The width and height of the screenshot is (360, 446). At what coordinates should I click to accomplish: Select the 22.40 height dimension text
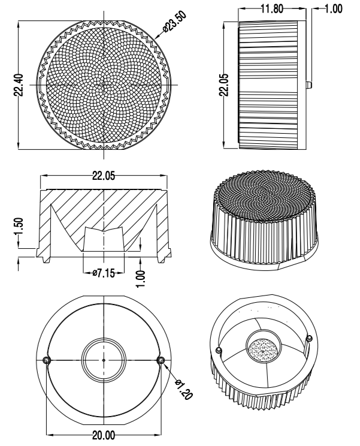tap(19, 85)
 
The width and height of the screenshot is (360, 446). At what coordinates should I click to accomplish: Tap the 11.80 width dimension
tap(272, 9)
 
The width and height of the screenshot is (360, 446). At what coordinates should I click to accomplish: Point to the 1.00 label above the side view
tap(333, 9)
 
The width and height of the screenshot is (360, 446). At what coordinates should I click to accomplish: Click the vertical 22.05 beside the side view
tap(225, 85)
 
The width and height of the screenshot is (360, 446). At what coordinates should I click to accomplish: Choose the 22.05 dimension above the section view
tap(104, 176)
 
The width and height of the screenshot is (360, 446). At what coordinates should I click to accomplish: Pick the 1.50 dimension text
tap(19, 227)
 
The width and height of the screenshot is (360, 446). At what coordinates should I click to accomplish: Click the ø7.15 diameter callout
tap(104, 273)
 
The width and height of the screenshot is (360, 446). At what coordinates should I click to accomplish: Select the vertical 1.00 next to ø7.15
tap(141, 279)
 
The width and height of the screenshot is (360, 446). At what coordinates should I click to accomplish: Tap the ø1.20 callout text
tap(184, 390)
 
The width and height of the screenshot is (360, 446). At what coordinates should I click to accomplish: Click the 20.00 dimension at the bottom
tap(104, 435)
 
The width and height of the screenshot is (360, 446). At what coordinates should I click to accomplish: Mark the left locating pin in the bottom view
tap(46, 360)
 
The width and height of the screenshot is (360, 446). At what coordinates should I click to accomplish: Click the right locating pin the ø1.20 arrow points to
tap(161, 360)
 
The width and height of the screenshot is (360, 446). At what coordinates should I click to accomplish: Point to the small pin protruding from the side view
tap(309, 85)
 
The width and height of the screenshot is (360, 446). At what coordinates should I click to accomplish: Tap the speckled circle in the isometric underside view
tap(262, 351)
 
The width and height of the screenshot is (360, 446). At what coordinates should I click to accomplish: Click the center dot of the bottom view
tap(104, 360)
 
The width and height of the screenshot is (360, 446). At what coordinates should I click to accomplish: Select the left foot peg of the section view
tap(46, 260)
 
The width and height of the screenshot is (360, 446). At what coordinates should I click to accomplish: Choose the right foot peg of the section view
tap(162, 260)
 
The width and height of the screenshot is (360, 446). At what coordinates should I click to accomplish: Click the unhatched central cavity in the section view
tap(104, 240)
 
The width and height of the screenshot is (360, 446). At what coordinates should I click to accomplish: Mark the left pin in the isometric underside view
tap(219, 350)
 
